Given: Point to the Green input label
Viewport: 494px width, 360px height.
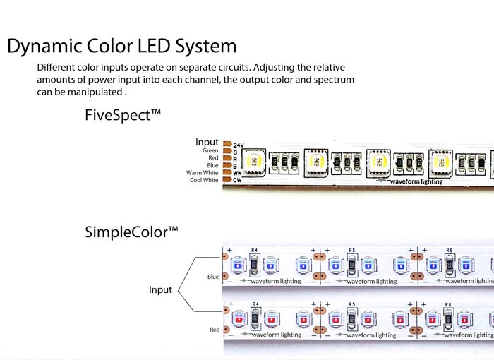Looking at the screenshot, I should point(210,150).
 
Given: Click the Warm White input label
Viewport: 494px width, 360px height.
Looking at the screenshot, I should point(203,172).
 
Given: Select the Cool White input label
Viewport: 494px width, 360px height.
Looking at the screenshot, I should point(204,180).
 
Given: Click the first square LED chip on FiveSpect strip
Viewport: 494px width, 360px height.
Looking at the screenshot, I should point(253,162).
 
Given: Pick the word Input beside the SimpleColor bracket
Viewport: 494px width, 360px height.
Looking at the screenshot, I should point(161,289).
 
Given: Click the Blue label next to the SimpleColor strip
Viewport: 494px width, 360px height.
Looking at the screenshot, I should point(213,277).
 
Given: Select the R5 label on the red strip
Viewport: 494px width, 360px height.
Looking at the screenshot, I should point(351,305).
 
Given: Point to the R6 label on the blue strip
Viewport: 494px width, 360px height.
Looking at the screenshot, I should point(448,250).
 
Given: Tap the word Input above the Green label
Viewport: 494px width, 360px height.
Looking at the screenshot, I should point(207,142).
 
